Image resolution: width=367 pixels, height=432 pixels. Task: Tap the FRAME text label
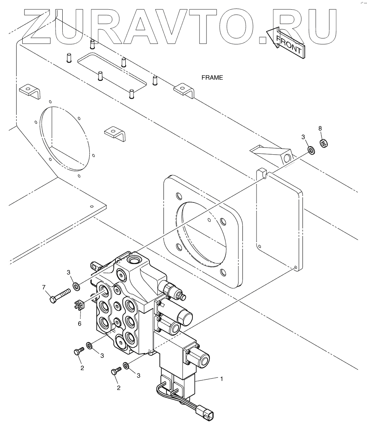point(212,78)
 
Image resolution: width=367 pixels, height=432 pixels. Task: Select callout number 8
point(320,128)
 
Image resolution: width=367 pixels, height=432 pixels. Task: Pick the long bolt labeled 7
point(59,295)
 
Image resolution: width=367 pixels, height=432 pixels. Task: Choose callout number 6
point(79,323)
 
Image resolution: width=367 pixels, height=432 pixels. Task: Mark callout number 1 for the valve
point(222,379)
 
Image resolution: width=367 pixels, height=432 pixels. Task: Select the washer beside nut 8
point(311,150)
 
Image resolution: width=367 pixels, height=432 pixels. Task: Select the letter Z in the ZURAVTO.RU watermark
point(37,26)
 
